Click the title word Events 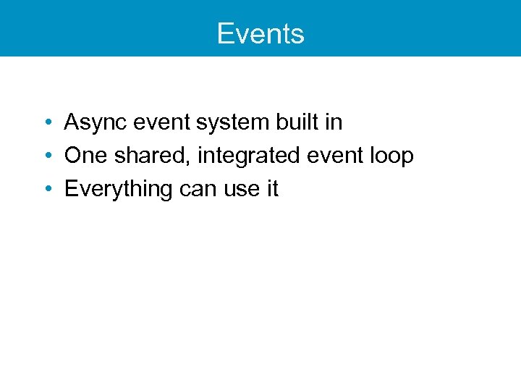point(260,34)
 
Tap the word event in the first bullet point(158,122)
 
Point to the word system point(233,123)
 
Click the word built point(297,122)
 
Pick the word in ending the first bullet point(334,122)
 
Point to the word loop point(391,156)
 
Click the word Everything point(118,190)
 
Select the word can point(196,190)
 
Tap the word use point(240,190)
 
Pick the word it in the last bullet point(271,189)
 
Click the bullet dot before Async point(46,123)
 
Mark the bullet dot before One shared point(46,156)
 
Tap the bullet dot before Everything point(46,190)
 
